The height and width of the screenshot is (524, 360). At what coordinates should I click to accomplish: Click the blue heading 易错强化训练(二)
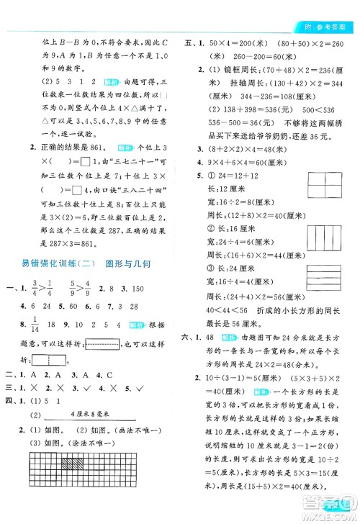point(45,263)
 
